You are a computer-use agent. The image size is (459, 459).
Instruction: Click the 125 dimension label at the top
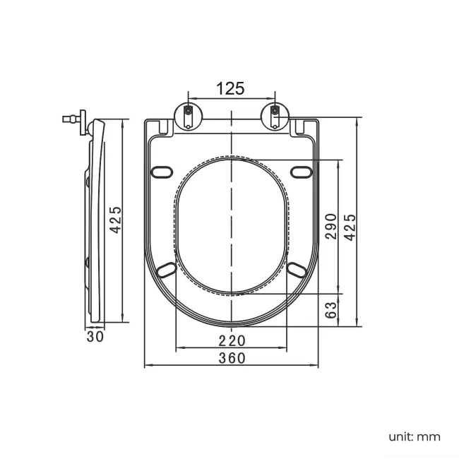[x=230, y=88]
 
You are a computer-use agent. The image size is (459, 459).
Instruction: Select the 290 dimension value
[x=331, y=227]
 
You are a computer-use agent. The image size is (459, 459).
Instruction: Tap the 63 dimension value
[x=331, y=310]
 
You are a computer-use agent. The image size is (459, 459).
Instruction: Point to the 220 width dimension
[x=232, y=341]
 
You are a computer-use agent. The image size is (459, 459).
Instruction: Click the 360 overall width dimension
[x=232, y=358]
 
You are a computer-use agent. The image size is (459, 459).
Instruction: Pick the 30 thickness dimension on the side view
[x=95, y=336]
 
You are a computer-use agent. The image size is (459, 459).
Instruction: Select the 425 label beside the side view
[x=115, y=220]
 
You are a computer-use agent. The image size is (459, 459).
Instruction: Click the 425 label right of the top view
[x=350, y=227]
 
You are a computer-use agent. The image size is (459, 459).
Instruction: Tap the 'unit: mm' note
[x=415, y=436]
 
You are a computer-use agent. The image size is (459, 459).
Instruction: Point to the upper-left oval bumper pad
[x=162, y=172]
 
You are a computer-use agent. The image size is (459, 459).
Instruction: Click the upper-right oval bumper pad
[x=302, y=172]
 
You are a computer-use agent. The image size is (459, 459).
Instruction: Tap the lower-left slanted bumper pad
[x=167, y=270]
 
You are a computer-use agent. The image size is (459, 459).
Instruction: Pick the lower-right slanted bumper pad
[x=297, y=270]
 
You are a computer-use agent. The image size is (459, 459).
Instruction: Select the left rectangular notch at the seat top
[x=164, y=127]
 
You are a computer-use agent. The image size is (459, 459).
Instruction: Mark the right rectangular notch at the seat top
[x=299, y=127]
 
